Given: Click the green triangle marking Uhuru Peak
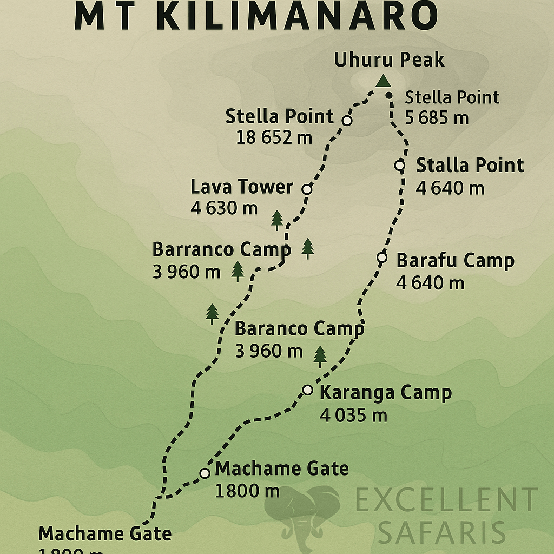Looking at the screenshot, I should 383,81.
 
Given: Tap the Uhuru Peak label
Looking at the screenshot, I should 389,60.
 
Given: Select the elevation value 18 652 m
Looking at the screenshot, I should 274,137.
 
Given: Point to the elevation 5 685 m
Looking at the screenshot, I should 437,117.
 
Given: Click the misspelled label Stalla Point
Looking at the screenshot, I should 470,165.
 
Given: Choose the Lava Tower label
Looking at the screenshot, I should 241,187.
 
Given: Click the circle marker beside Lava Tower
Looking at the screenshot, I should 307,189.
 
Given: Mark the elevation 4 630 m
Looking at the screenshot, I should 224,208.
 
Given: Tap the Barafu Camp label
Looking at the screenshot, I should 455,260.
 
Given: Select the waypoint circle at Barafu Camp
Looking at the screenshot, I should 382,258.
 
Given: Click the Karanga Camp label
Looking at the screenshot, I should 385,392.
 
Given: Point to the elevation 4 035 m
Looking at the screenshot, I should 353,415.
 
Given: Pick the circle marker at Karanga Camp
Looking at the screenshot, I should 307,390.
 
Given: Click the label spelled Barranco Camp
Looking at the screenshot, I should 221,249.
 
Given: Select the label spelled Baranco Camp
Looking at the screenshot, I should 299,328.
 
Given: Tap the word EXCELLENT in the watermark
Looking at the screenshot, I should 446,500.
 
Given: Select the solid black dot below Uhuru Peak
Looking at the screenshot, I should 389,96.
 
